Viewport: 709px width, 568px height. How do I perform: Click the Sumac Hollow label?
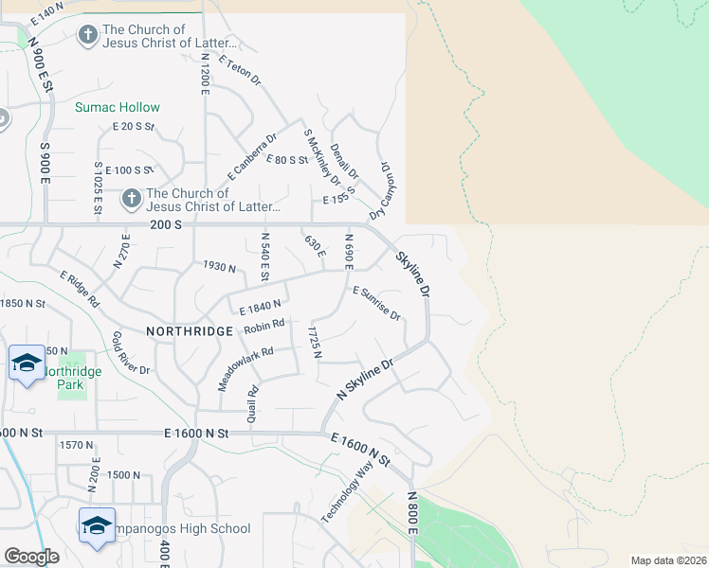(118, 108)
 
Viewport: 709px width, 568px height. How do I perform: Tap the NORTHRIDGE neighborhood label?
(190, 331)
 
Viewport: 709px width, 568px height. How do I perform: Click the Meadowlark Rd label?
(245, 368)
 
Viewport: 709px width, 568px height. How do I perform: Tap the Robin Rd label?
(264, 328)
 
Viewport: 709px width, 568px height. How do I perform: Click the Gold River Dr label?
(131, 352)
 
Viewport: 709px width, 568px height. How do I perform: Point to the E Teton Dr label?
(239, 71)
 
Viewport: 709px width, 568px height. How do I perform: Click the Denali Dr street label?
(345, 161)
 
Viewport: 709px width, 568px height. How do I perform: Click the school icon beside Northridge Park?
(27, 363)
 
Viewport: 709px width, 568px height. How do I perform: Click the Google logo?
(31, 557)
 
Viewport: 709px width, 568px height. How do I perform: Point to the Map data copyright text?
(668, 560)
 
